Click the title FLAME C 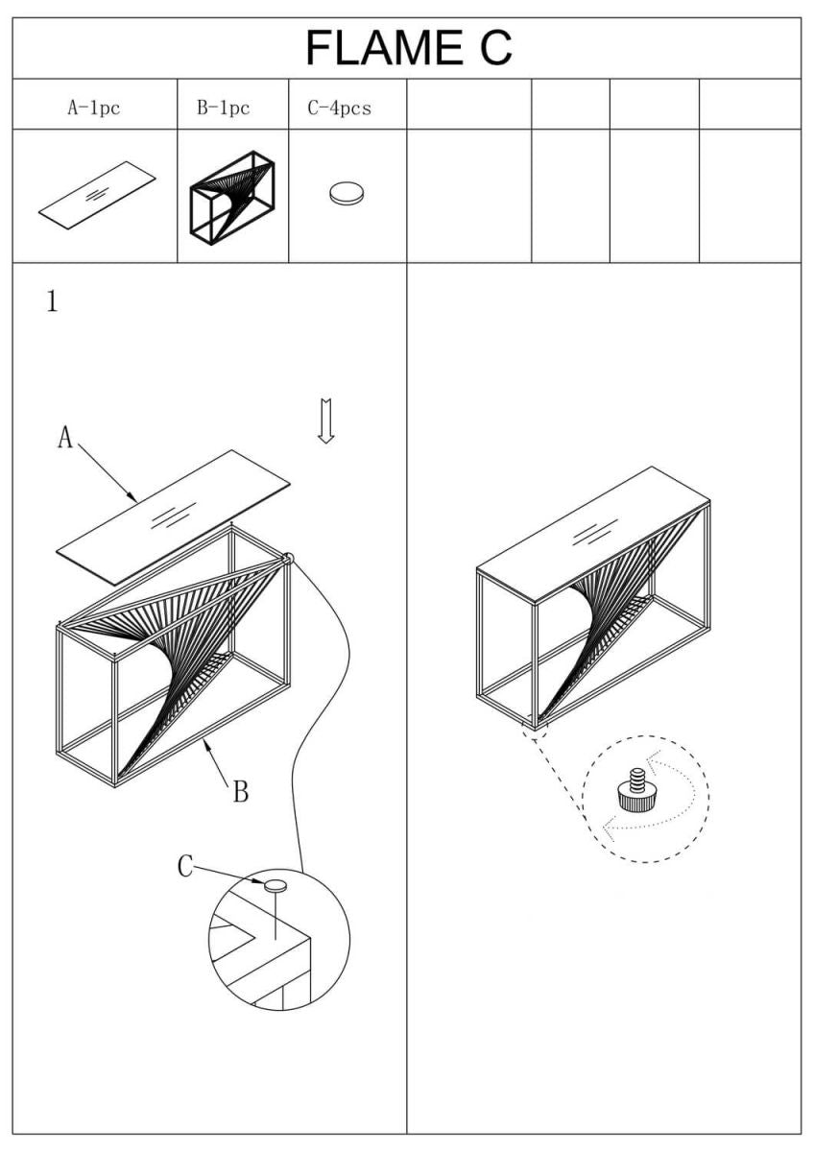(x=408, y=48)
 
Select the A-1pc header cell (x=93, y=108)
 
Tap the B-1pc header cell (x=223, y=108)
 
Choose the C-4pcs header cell (x=339, y=108)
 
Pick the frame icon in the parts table (x=232, y=196)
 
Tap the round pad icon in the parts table (x=347, y=195)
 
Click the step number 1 (x=52, y=301)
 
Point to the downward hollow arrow (x=326, y=420)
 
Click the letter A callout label (x=65, y=438)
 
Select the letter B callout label (x=241, y=792)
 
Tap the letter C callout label (x=185, y=867)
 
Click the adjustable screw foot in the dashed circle (x=634, y=792)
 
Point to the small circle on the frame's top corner (x=287, y=557)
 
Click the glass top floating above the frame (x=173, y=516)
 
